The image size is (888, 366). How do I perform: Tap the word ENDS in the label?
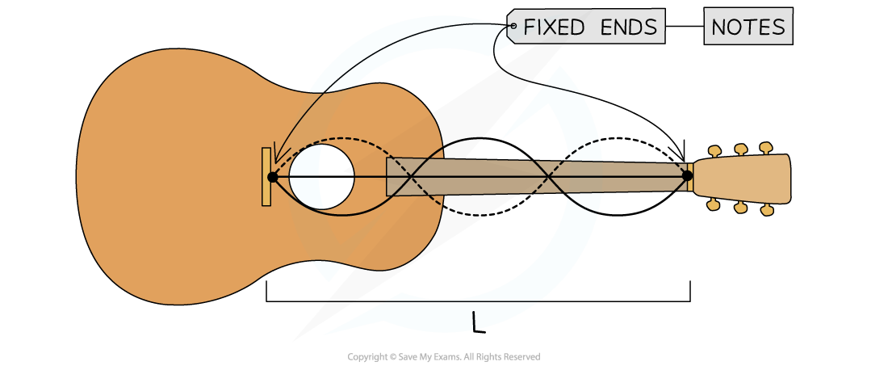tap(629, 27)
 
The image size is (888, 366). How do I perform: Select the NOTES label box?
tap(748, 27)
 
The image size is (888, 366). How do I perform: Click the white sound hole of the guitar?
tap(321, 177)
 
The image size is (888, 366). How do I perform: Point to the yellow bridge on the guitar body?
tap(266, 177)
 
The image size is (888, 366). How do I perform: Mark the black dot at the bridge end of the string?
tap(272, 177)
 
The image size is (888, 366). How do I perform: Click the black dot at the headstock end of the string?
tap(687, 175)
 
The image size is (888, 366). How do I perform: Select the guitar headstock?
tap(741, 179)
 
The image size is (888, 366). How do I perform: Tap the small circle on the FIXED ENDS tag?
tap(513, 27)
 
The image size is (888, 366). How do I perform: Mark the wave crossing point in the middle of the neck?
tap(546, 176)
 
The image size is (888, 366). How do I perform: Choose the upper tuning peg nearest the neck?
tap(714, 150)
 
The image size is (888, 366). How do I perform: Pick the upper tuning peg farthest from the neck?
tap(766, 148)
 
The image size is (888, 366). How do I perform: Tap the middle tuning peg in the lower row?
tap(740, 208)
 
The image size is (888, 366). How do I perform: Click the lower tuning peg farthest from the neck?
tap(767, 210)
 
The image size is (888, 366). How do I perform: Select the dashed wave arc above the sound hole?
tap(339, 139)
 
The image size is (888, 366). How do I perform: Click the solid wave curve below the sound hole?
tap(339, 214)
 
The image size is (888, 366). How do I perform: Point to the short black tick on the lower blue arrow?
tap(474, 319)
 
